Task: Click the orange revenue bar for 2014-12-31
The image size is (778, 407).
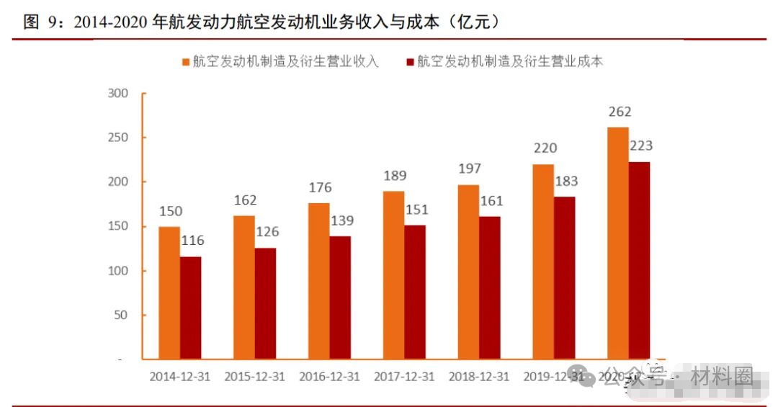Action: click(169, 292)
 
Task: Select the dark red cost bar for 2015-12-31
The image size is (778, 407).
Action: click(265, 303)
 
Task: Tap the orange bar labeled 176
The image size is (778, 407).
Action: click(319, 281)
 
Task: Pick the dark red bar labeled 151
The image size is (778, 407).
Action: click(415, 292)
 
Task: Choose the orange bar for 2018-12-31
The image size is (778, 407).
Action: click(468, 272)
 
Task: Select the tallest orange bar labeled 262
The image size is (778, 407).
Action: click(618, 243)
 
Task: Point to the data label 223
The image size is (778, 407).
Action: click(640, 146)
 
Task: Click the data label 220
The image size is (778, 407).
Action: click(545, 148)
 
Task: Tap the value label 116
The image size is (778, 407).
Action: click(192, 241)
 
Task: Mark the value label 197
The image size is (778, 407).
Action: click(470, 169)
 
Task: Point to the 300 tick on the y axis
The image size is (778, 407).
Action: click(117, 93)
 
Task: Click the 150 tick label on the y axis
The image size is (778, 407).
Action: click(117, 226)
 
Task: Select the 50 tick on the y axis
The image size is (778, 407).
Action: click(120, 315)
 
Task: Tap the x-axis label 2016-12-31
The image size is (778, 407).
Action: click(329, 377)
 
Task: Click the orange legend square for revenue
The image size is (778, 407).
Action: click(186, 62)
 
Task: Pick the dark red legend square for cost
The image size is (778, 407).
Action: click(410, 62)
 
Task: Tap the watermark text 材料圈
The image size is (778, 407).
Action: click(722, 377)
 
